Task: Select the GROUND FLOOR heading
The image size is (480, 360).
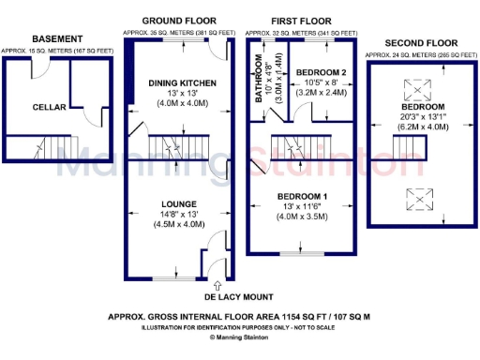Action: coord(178,20)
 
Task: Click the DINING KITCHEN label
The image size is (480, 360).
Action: coord(176,83)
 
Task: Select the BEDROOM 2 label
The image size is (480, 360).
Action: coord(322,72)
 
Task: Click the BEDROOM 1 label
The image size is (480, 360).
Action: coord(302,195)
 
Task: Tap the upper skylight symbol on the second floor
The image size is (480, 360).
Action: coord(413,90)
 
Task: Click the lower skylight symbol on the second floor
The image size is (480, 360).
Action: coord(413,197)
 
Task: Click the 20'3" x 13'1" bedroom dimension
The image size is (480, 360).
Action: coord(413,118)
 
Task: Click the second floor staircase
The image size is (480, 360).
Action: coord(405,148)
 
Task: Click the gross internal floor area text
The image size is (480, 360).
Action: coord(238,317)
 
